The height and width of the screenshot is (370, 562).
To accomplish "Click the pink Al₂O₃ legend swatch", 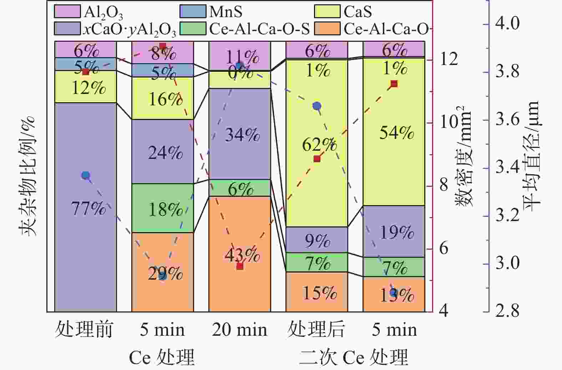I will point(67,11).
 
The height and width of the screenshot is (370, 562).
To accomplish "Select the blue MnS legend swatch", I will point(193,11).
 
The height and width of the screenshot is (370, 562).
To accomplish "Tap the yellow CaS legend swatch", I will point(327,11).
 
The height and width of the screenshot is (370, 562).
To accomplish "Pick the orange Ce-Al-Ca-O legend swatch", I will point(327,29).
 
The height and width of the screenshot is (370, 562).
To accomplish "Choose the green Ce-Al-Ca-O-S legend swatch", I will point(193,29).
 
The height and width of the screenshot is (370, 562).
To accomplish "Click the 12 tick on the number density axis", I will point(449,59).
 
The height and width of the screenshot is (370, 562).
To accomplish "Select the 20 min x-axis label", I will point(239,329).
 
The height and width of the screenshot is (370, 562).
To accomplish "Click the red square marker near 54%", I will point(394,84).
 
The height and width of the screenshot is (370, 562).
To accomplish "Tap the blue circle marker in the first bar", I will point(85,175).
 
